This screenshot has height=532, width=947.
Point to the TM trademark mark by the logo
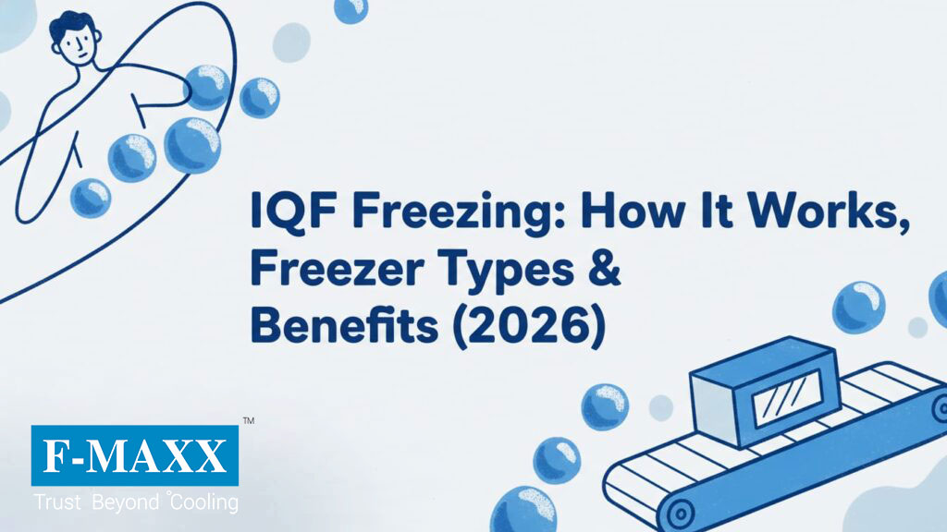pos(248,421)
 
